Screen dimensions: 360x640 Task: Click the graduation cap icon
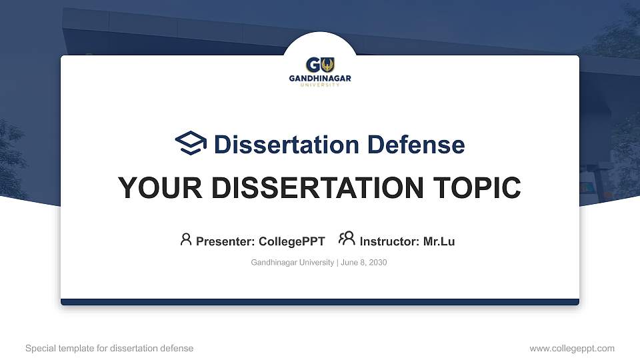pyautogui.click(x=191, y=143)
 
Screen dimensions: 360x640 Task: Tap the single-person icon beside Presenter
pyautogui.click(x=186, y=239)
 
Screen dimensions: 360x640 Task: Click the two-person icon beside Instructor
pyautogui.click(x=347, y=239)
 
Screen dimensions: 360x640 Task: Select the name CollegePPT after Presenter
pyautogui.click(x=291, y=241)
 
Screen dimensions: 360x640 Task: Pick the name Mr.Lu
pyautogui.click(x=439, y=241)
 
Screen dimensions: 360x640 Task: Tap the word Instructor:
pyautogui.click(x=389, y=241)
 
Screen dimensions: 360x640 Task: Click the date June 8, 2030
pyautogui.click(x=364, y=263)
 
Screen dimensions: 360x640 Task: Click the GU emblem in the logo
pyautogui.click(x=320, y=65)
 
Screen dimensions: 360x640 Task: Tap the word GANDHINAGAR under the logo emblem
pyautogui.click(x=320, y=79)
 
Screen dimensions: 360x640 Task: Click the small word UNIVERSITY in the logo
pyautogui.click(x=320, y=85)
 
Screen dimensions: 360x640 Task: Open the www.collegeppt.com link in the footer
pyautogui.click(x=572, y=348)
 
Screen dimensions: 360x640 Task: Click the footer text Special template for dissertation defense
pyautogui.click(x=109, y=348)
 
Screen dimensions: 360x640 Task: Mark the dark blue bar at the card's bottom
pyautogui.click(x=320, y=302)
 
